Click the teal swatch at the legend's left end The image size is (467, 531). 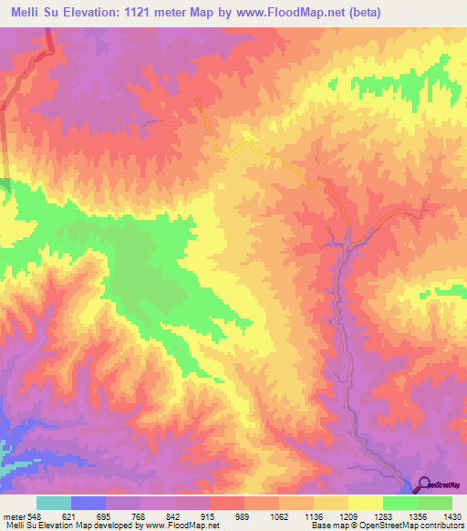(x=54, y=504)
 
